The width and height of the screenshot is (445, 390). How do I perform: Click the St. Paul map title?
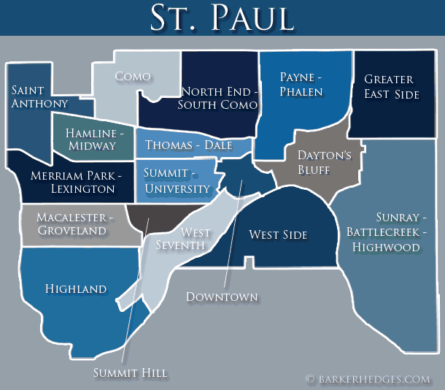click(x=222, y=18)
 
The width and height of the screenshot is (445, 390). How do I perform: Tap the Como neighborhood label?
click(x=133, y=77)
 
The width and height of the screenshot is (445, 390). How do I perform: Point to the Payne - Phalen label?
click(x=301, y=84)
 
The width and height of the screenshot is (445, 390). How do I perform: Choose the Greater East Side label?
click(x=392, y=86)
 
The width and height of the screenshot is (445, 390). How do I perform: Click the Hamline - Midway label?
click(x=94, y=139)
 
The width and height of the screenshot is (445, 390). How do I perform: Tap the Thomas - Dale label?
click(x=188, y=145)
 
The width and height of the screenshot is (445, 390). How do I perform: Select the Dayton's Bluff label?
click(x=325, y=162)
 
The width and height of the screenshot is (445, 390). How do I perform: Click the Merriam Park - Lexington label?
click(x=72, y=182)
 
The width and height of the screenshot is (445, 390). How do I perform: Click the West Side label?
click(x=278, y=234)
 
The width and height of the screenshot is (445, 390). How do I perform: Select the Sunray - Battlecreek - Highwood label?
click(x=384, y=232)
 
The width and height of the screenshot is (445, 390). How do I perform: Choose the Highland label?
click(x=76, y=288)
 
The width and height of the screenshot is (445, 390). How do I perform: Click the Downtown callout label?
click(x=222, y=297)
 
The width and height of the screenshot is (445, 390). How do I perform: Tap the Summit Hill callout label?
click(x=131, y=373)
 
